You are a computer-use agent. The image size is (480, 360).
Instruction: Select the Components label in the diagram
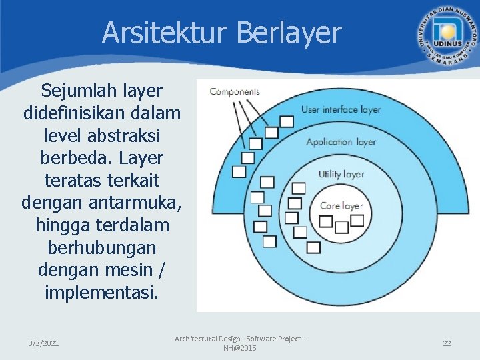point(235,91)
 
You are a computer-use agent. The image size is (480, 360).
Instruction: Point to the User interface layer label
point(341,109)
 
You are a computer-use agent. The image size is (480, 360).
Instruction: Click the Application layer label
point(341,141)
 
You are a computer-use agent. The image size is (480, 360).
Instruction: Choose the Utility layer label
point(341,174)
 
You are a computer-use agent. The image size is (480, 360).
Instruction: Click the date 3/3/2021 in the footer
point(43,343)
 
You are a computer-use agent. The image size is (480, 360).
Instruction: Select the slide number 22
point(447,343)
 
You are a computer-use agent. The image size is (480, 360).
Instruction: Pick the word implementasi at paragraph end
point(101,293)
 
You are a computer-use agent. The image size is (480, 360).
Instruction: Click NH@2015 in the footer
point(239,348)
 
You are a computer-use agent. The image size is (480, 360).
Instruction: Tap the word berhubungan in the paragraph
point(101,247)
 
